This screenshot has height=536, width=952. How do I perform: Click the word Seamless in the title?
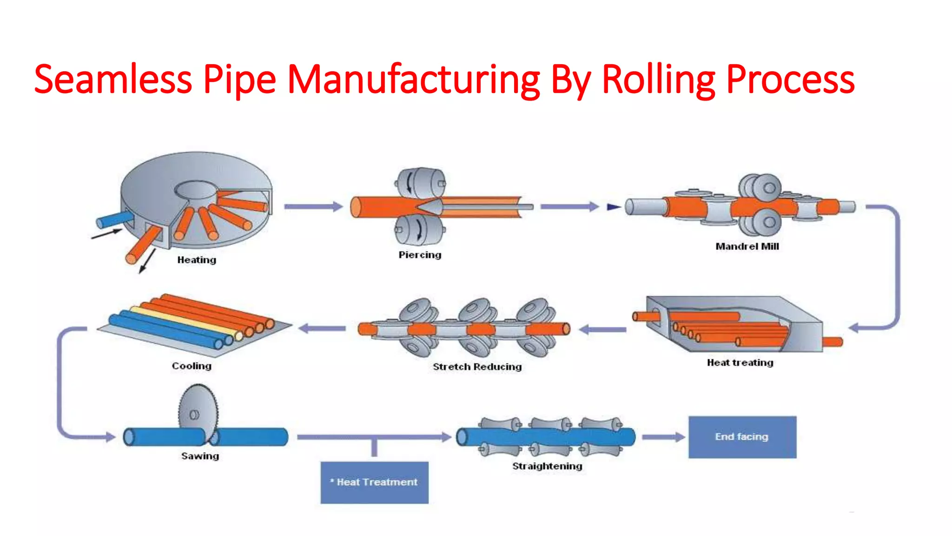(x=113, y=80)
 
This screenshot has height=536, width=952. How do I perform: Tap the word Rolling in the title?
(x=658, y=80)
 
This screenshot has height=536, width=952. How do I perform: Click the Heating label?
(x=197, y=260)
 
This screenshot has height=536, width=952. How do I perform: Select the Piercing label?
(x=420, y=255)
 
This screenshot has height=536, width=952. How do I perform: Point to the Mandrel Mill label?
(x=747, y=247)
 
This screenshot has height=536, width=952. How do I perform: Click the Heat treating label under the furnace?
(x=740, y=362)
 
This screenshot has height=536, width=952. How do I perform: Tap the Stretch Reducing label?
(x=477, y=367)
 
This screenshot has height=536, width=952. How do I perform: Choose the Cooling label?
(x=192, y=366)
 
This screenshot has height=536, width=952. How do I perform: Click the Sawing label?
(x=200, y=456)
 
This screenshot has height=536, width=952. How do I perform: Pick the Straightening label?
(x=547, y=466)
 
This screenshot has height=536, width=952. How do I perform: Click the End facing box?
(x=742, y=437)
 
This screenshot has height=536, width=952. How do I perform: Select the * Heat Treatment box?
(x=374, y=482)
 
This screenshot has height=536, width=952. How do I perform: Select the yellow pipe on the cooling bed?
(x=186, y=321)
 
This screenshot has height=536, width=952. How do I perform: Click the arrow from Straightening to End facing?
(x=663, y=437)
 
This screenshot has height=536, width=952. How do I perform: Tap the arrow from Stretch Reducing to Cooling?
(x=322, y=328)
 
